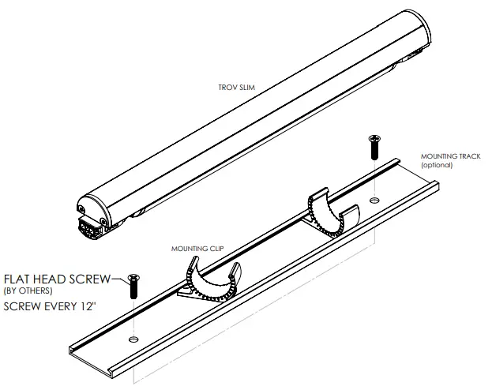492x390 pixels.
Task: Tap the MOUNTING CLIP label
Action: click(x=198, y=247)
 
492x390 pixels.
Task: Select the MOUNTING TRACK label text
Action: click(x=450, y=156)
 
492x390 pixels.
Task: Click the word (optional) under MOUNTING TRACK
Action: click(x=436, y=165)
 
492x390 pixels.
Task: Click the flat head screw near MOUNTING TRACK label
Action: click(x=374, y=148)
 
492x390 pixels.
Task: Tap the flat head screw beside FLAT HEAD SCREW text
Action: click(x=133, y=287)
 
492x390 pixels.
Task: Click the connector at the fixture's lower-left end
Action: click(x=92, y=228)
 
